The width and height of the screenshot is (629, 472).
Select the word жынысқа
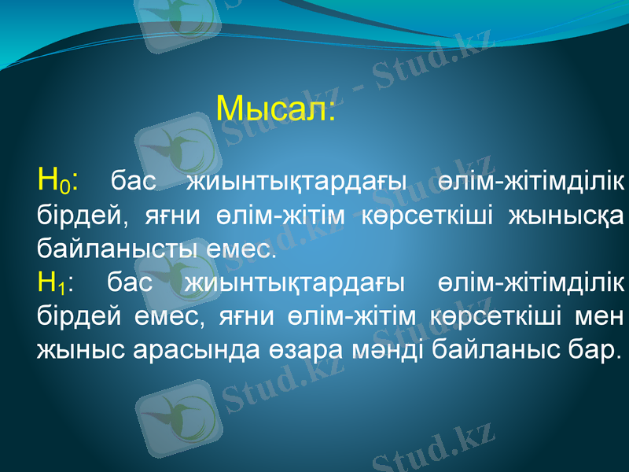582,216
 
